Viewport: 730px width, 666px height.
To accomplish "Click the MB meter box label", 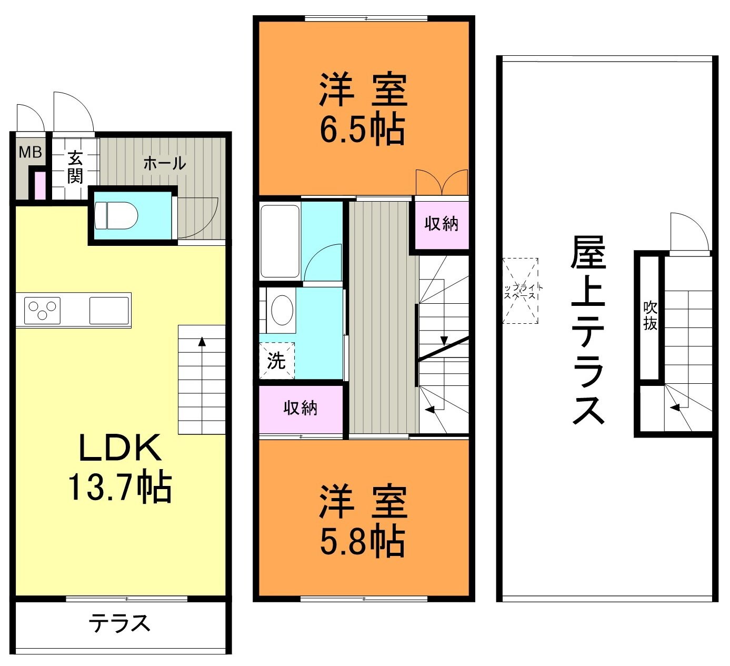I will pos(30,152).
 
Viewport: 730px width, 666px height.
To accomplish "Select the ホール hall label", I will pos(164,163).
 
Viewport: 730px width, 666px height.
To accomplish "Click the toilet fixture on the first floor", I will pos(116,216).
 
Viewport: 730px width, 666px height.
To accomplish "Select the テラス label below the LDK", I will pos(119,624).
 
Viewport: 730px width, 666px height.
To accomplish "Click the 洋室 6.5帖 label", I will pos(363,110).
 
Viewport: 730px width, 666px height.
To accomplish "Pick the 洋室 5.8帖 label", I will pos(363,521).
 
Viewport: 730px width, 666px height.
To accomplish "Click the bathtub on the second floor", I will pos(281,240).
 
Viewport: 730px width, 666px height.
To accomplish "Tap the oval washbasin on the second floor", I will pos(282,310).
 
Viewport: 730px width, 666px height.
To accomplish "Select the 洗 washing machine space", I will pos(276,361).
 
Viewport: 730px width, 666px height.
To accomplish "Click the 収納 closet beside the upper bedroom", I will pos(442,224).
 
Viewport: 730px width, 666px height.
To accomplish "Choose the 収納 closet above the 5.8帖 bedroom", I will pos(301,408).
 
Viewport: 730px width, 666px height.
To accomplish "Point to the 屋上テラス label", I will pos(588,330).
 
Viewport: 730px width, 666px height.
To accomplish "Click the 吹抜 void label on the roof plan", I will pos(650,316).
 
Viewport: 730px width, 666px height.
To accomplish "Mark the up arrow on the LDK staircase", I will pos(202,342).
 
